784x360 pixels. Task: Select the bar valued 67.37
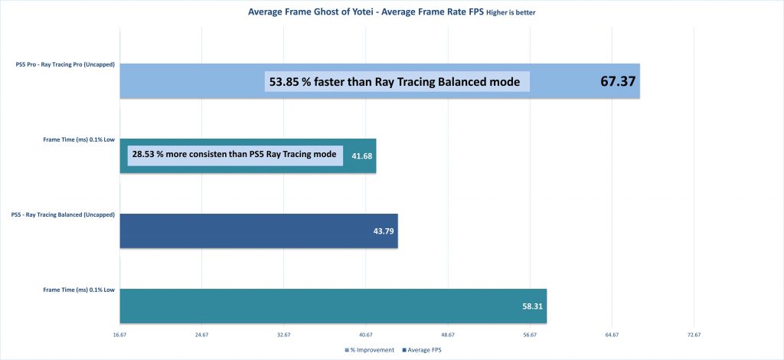coord(191,80)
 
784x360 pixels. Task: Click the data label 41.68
coord(358,155)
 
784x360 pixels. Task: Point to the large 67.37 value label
coord(618,80)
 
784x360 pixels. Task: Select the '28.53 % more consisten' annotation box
coord(234,155)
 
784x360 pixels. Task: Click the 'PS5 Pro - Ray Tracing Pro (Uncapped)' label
coord(65,64)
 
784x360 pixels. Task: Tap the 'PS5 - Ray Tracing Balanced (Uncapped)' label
coord(64,214)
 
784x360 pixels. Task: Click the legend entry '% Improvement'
coord(372,349)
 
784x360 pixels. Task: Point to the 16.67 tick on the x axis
coord(119,335)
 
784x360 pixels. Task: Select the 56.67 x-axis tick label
coord(529,335)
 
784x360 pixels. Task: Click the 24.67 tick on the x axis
coord(201,335)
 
